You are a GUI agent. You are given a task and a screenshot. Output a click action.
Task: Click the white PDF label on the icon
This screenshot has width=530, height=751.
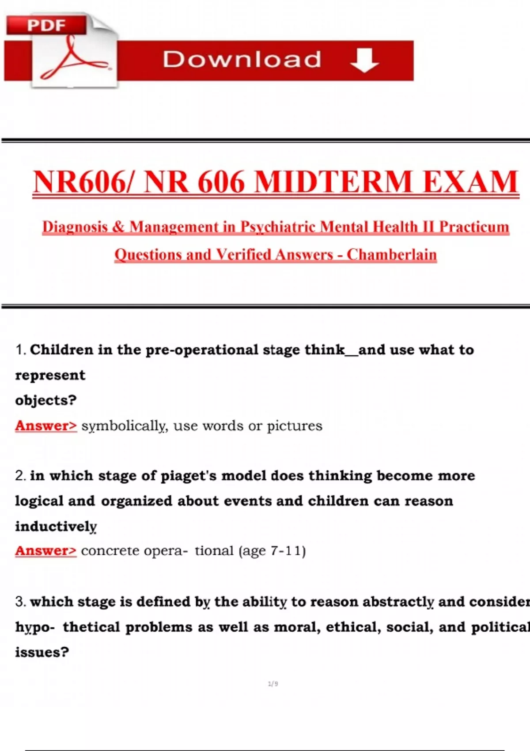click(x=46, y=25)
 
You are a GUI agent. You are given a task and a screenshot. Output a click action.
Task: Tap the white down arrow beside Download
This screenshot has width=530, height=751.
click(x=364, y=60)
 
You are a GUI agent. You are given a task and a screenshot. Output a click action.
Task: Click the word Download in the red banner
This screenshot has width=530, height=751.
click(x=242, y=59)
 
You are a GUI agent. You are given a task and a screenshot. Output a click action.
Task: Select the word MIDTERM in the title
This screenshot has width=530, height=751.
click(x=333, y=182)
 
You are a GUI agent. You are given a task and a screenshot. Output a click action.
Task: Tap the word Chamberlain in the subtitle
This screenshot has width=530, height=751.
click(x=392, y=254)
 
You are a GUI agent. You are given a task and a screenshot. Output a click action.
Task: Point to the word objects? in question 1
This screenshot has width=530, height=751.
click(x=46, y=400)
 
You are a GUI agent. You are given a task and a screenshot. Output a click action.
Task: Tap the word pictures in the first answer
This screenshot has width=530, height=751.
click(x=295, y=426)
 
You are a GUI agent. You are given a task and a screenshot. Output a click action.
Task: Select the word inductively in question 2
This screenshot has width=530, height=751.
click(x=56, y=526)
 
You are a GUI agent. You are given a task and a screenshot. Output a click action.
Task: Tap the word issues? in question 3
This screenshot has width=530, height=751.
click(x=42, y=652)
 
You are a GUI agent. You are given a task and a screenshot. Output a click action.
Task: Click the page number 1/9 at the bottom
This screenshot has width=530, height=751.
click(x=273, y=684)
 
